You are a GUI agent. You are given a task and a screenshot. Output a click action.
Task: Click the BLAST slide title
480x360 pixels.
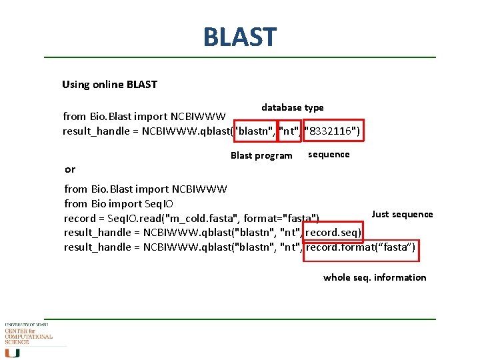tap(239, 37)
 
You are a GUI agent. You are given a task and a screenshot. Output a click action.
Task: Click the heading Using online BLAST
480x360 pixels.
tap(109, 85)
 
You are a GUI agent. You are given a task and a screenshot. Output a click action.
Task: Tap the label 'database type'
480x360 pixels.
tap(292, 107)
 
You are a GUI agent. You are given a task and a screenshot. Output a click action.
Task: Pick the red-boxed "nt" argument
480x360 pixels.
tap(289, 131)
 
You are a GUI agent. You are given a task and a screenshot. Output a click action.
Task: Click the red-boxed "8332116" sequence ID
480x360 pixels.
tap(332, 131)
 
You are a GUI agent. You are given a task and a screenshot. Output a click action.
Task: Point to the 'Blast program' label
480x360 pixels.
tap(261, 156)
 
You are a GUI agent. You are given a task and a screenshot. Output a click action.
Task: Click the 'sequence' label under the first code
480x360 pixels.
tap(328, 155)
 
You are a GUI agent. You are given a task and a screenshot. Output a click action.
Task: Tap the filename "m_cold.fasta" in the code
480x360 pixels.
tap(207, 219)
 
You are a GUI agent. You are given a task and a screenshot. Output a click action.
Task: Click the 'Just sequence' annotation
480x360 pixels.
tap(402, 214)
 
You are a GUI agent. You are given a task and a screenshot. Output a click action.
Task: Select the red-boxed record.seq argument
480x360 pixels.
tap(333, 233)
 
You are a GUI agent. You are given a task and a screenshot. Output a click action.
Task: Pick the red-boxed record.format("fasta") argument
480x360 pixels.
tap(361, 247)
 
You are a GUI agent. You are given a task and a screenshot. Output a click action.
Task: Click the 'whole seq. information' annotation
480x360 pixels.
tap(375, 277)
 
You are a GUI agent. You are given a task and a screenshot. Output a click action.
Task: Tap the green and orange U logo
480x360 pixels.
tap(13, 352)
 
